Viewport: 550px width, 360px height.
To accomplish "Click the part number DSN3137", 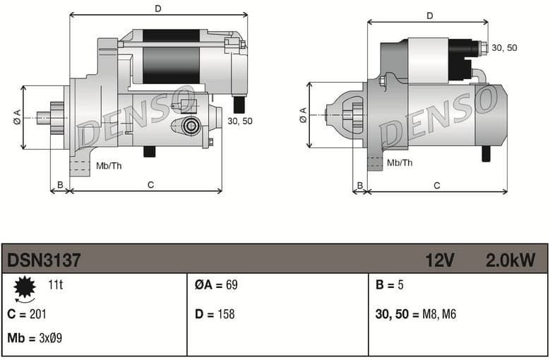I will [44, 260].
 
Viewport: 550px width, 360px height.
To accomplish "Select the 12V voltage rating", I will [439, 260].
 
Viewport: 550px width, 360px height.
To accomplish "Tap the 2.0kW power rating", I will [510, 260].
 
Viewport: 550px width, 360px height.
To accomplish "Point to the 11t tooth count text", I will [55, 286].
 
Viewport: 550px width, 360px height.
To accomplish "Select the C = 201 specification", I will [27, 314].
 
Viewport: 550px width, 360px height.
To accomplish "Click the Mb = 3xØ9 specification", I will [35, 338].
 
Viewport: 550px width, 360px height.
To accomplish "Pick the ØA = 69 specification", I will [216, 286].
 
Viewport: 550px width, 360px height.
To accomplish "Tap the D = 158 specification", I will [215, 314].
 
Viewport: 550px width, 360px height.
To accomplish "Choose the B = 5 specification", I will [390, 286].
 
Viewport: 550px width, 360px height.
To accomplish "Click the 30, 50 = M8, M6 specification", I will [415, 314].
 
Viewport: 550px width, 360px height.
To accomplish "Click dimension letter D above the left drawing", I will [158, 8].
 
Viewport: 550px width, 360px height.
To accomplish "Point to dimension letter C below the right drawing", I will [437, 186].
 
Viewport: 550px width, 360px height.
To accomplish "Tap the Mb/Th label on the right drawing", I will [400, 163].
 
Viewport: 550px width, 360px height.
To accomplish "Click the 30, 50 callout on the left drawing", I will [240, 121].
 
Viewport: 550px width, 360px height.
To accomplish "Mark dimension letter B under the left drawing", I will [60, 185].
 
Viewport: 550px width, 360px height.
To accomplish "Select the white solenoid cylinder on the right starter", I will [429, 60].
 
